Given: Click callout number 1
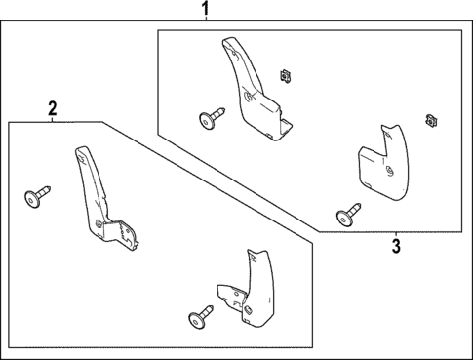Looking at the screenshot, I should pos(206,10).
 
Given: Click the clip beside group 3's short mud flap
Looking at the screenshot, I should pos(429,121).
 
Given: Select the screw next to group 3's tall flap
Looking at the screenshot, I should pos(209,118).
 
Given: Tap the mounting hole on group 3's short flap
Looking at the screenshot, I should pos(388,171).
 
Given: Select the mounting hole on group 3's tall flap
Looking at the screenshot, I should pos(251,97).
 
